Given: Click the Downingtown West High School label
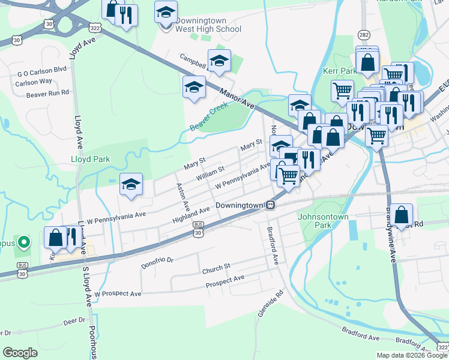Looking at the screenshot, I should [x=208, y=24].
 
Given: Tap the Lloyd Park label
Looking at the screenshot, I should [x=89, y=160].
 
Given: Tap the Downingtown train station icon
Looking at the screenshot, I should [x=271, y=205].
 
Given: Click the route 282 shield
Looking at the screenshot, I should [x=364, y=35].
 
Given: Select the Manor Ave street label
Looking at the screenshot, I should [x=238, y=98].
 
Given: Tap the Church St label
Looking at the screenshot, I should [x=216, y=266].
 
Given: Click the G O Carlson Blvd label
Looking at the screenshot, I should [x=42, y=70].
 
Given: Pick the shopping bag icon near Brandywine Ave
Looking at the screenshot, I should [x=403, y=214].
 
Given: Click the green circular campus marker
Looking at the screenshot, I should [x=23, y=242].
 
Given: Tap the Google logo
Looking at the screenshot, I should [x=20, y=353].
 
